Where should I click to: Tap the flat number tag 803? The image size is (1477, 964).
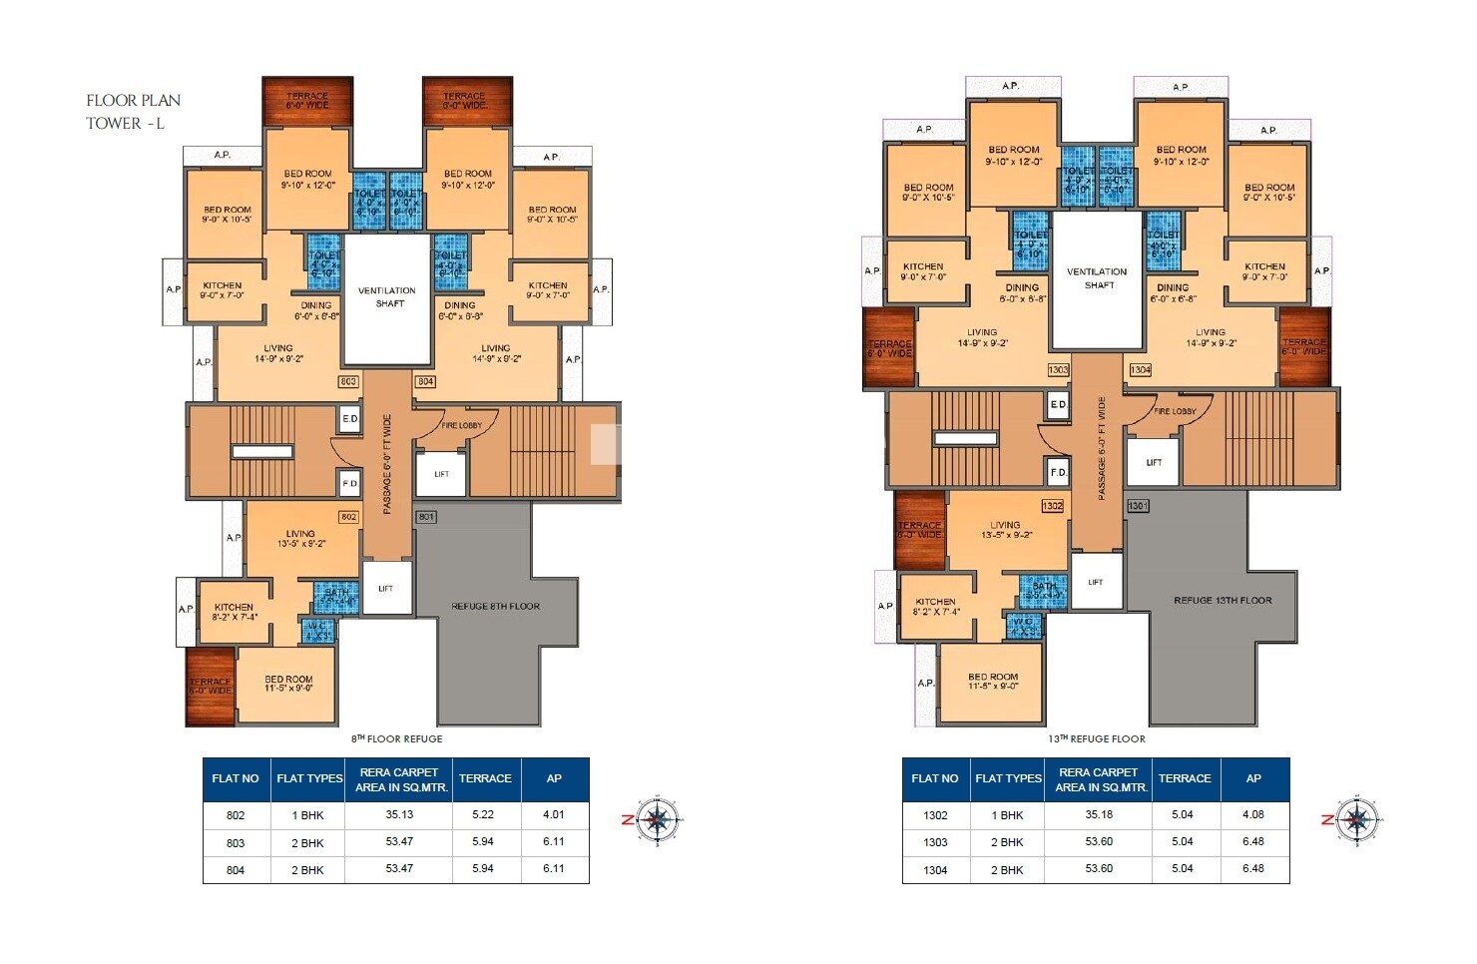pyautogui.click(x=348, y=381)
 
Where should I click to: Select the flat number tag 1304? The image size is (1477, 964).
pyautogui.click(x=1140, y=369)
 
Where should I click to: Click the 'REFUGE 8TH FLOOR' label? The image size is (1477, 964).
pyautogui.click(x=496, y=606)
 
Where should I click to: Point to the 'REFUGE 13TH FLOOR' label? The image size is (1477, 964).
pyautogui.click(x=1223, y=600)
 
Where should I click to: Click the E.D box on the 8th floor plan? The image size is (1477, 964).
pyautogui.click(x=349, y=418)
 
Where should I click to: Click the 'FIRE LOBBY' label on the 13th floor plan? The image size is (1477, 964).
pyautogui.click(x=1175, y=411)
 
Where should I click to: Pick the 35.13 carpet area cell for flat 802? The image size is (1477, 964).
pyautogui.click(x=399, y=815)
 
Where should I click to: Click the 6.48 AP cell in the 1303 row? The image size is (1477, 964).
pyautogui.click(x=1253, y=841)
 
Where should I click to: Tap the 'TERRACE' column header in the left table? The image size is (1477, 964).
pyautogui.click(x=485, y=778)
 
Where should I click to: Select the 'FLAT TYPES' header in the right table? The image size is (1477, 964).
pyautogui.click(x=1008, y=778)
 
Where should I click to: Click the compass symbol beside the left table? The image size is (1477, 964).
pyautogui.click(x=656, y=820)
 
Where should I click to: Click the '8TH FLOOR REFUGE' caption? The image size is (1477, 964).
pyautogui.click(x=396, y=739)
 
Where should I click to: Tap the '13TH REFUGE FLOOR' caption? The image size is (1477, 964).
pyautogui.click(x=1096, y=739)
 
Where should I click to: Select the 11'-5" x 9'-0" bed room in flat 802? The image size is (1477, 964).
pyautogui.click(x=288, y=685)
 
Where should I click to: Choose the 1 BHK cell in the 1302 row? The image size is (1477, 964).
pyautogui.click(x=1008, y=815)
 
